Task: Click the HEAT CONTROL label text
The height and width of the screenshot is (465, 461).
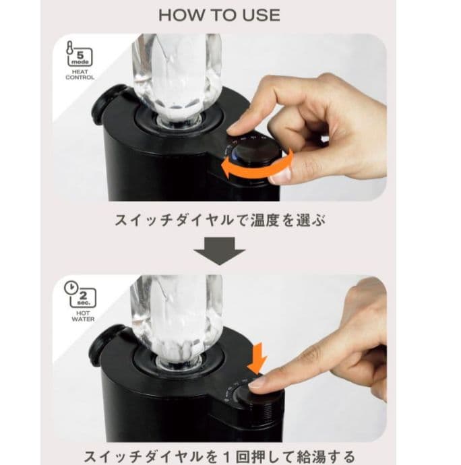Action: [80, 75]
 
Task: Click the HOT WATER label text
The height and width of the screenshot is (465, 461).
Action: [80, 315]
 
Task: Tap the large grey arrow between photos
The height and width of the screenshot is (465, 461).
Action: [220, 253]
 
